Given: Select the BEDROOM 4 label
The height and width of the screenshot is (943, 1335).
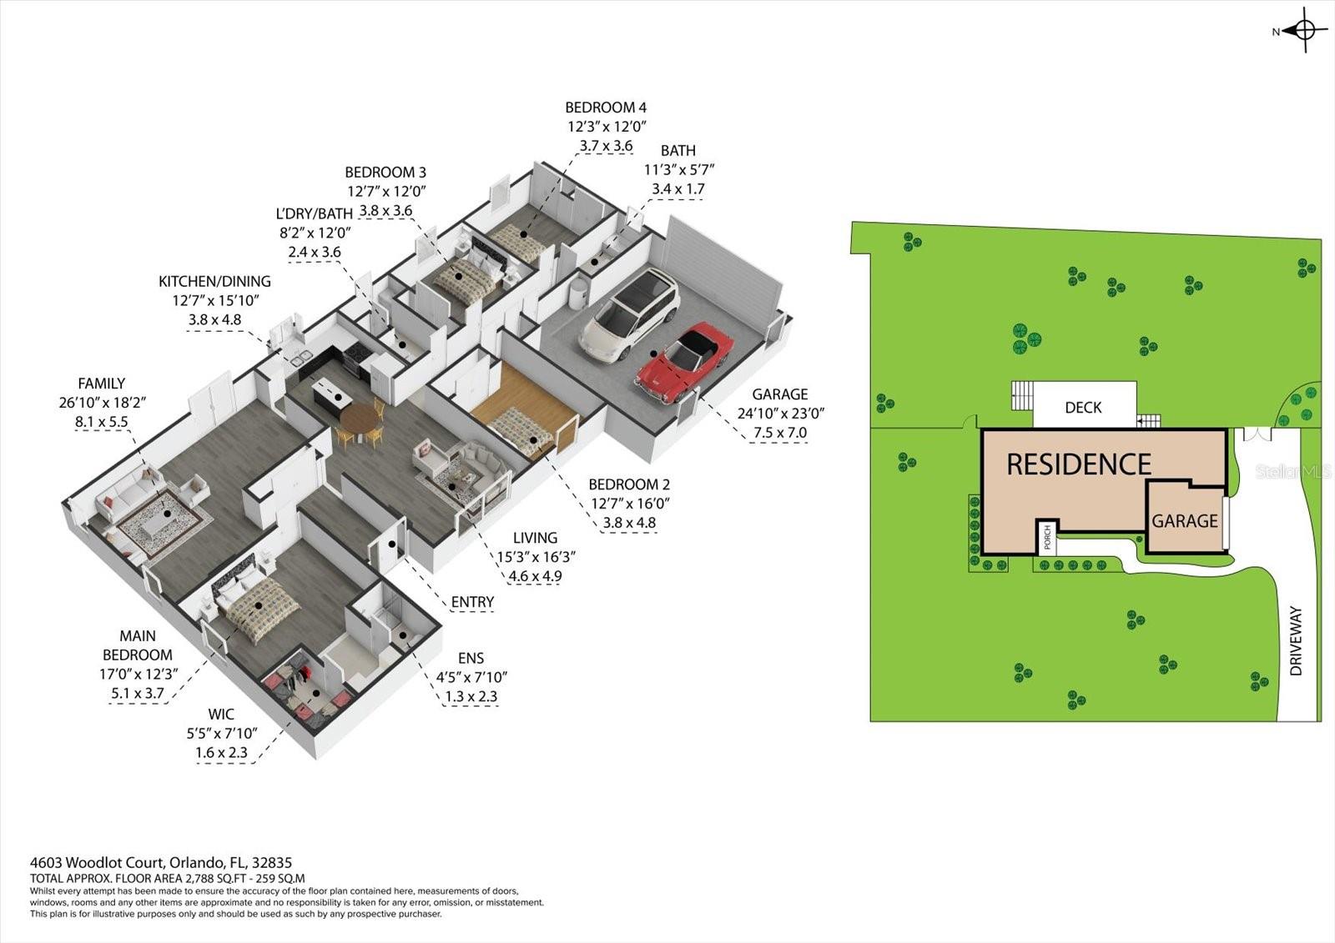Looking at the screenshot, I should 606,108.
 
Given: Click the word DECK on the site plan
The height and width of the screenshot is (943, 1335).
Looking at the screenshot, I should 1083,408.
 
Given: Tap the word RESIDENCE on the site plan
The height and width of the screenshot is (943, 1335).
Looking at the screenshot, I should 1079,464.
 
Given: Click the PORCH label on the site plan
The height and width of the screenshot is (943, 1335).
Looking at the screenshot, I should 1047,538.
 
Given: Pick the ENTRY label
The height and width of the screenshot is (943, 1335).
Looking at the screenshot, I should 472,602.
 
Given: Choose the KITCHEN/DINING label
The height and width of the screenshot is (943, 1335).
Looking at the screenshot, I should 215,282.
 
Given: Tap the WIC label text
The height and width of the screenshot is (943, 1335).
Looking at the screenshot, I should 221,715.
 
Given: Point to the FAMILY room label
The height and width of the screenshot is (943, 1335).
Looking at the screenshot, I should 102,384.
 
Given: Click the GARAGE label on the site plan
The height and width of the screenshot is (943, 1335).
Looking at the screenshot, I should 1185,521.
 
